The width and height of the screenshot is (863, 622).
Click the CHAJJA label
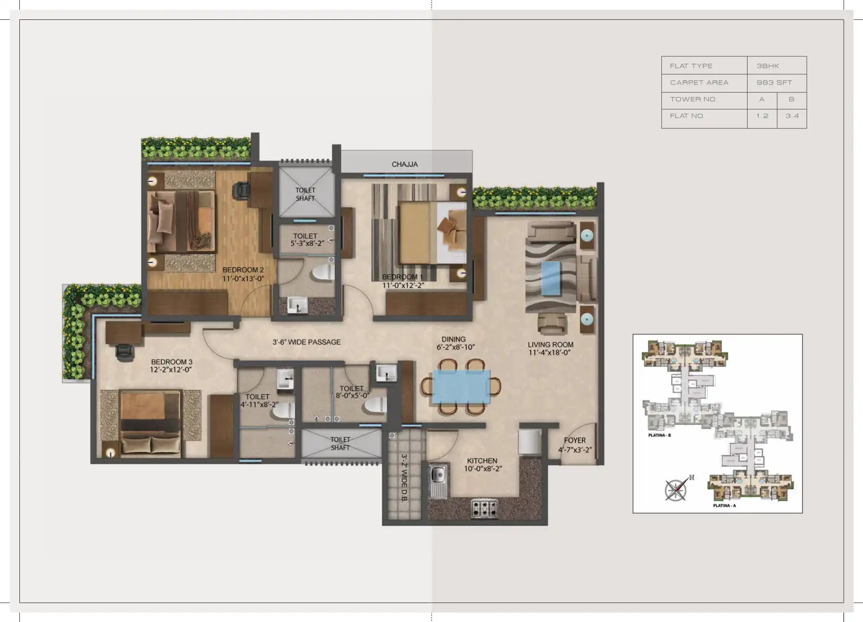(405, 164)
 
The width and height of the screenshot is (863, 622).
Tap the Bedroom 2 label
(243, 270)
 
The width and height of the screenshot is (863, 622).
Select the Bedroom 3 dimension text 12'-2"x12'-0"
(171, 370)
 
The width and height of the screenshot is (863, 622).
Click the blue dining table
(461, 386)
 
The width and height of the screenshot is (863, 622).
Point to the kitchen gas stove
(484, 508)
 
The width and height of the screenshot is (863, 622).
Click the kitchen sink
(438, 482)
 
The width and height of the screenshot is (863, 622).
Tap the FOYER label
(575, 441)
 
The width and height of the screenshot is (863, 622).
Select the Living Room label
(551, 344)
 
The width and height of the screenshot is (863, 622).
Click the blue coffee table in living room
(551, 278)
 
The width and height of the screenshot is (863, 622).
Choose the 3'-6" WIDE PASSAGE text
(306, 342)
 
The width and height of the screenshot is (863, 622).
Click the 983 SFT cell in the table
(774, 83)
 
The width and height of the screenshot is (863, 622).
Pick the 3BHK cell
(767, 66)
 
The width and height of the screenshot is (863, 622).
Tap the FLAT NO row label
(687, 116)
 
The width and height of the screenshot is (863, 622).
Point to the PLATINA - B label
(659, 435)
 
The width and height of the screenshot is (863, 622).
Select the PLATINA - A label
(724, 506)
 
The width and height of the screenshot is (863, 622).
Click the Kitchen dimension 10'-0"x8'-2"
(483, 469)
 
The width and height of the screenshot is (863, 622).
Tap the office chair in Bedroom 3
(125, 352)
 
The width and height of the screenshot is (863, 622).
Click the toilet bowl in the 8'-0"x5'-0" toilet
(375, 405)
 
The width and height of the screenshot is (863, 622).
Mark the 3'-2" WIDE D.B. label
(404, 477)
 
